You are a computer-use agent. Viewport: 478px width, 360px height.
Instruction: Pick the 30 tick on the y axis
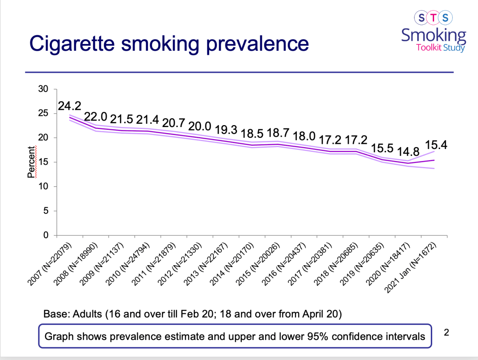[x=44, y=89]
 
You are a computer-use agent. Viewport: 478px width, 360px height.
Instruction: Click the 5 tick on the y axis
[x=47, y=211]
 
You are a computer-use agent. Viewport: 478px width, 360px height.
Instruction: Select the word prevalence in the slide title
[x=259, y=44]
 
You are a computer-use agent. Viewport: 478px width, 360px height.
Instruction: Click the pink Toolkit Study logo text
[x=441, y=47]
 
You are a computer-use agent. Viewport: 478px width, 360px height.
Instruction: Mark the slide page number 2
[x=446, y=333]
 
